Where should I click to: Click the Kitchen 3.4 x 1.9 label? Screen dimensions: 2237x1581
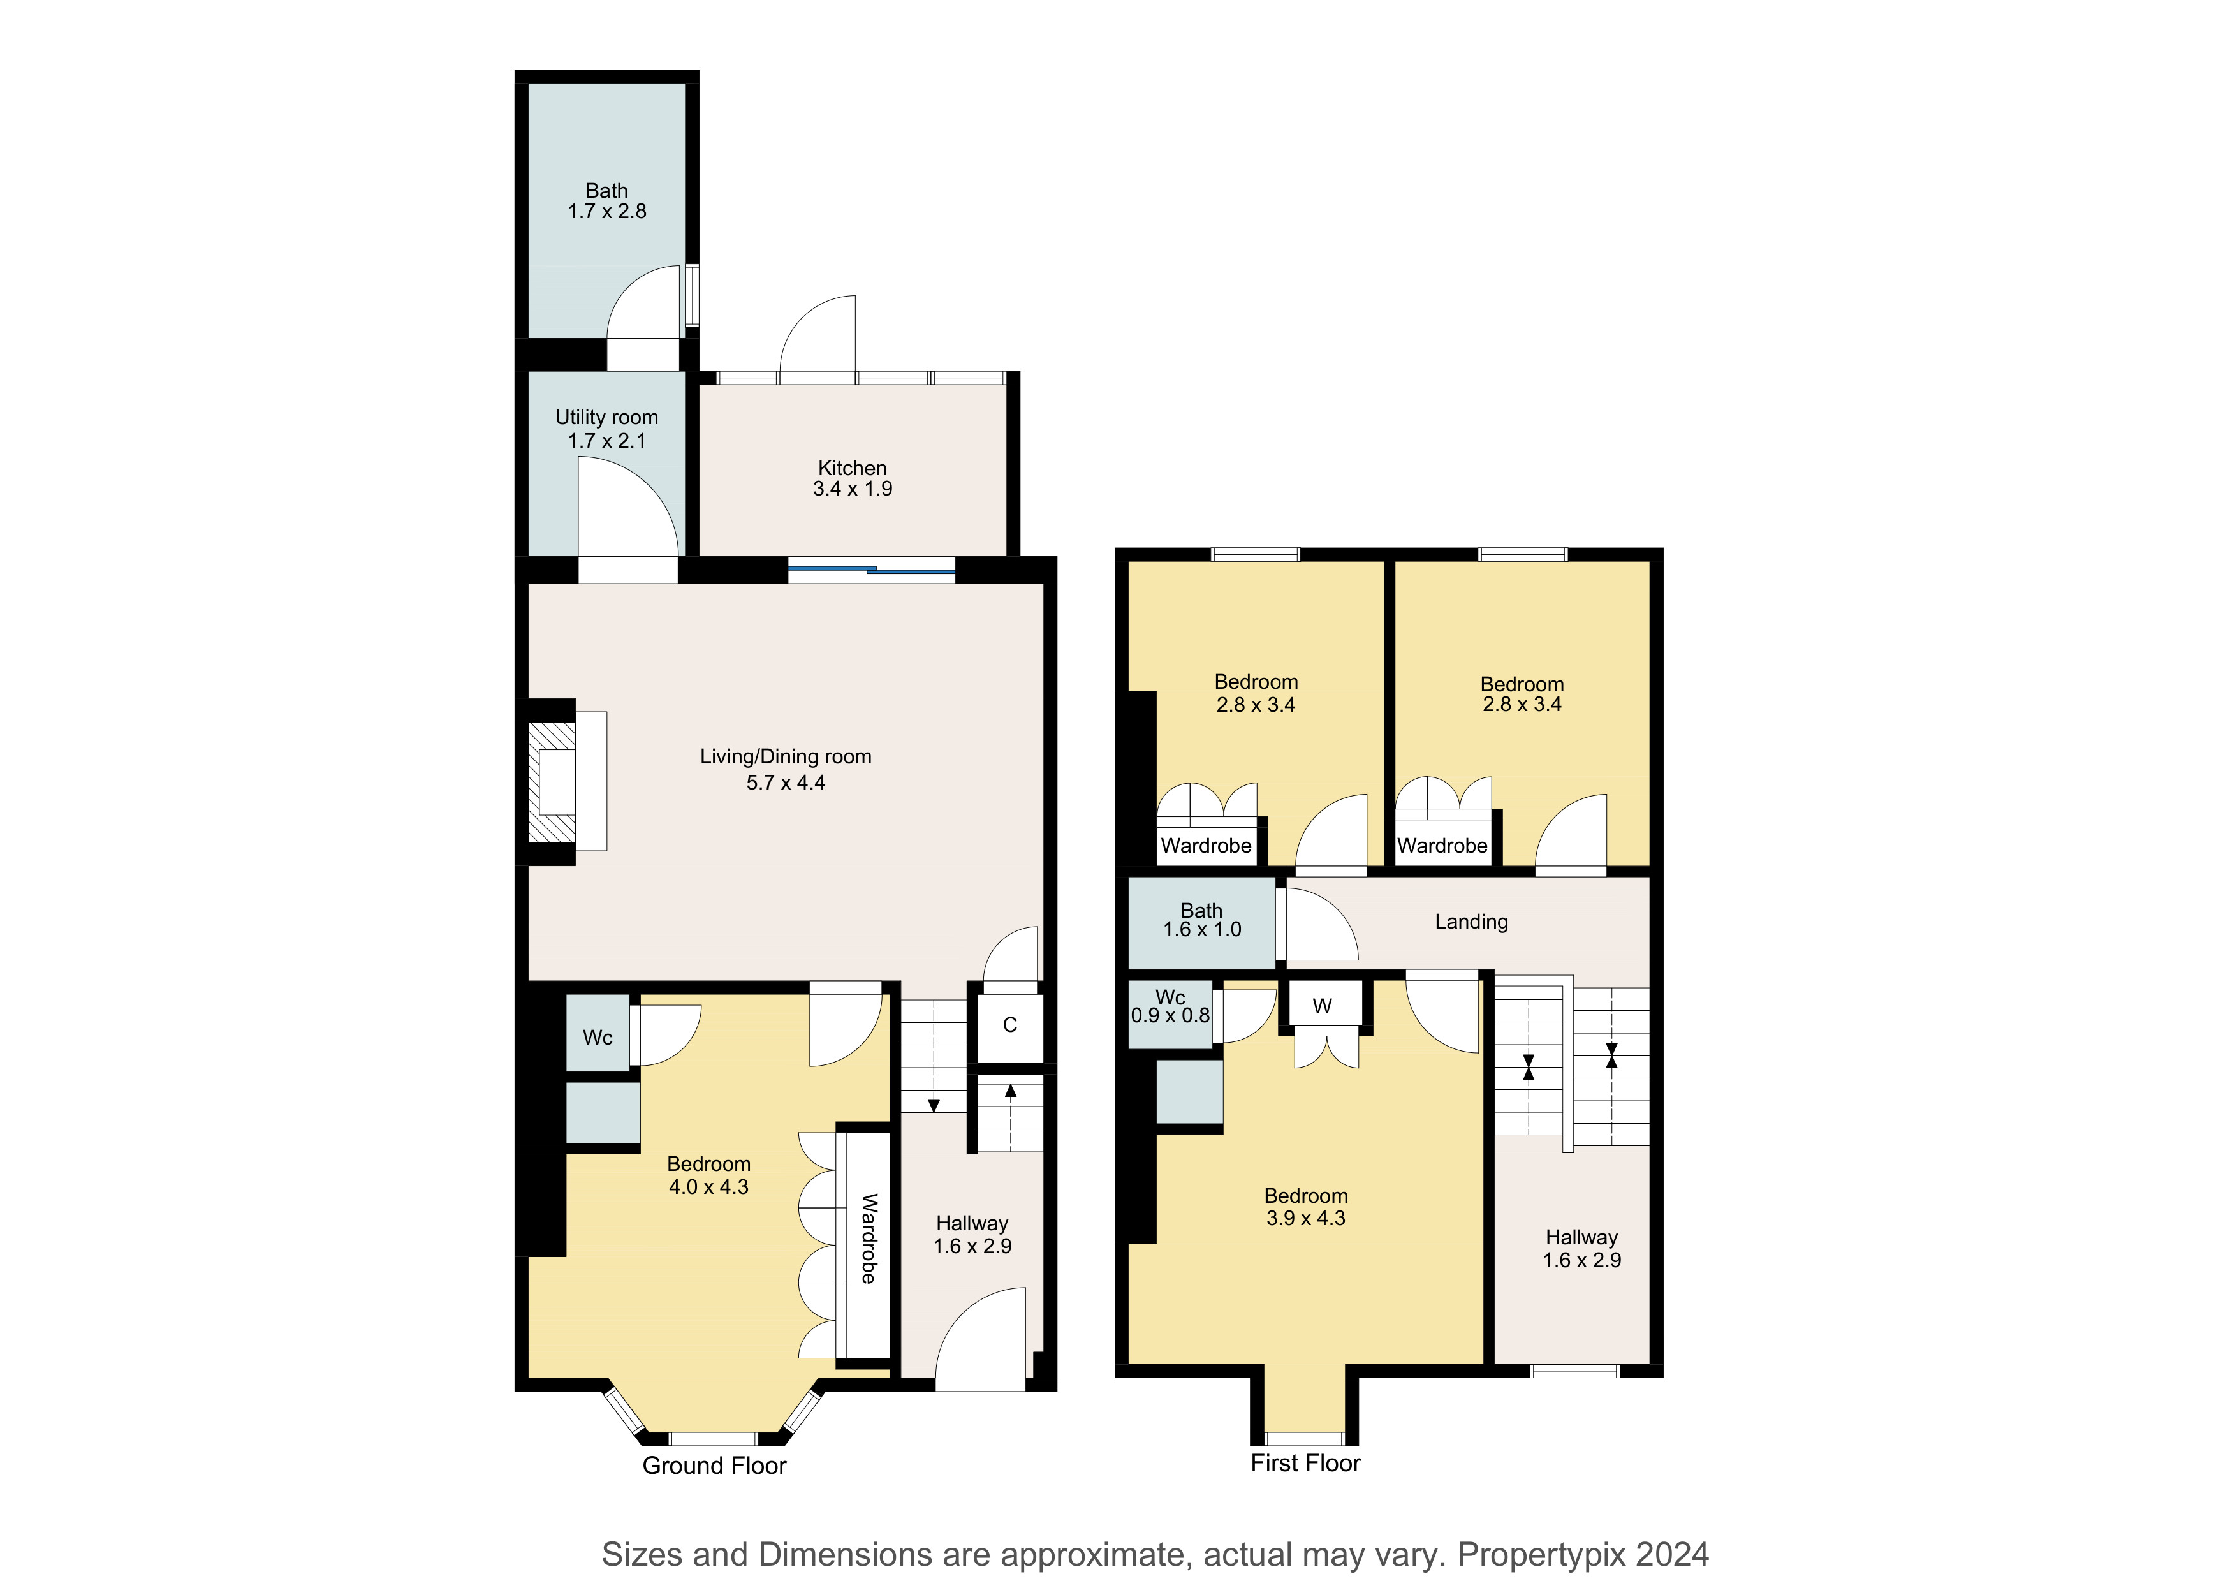tap(853, 478)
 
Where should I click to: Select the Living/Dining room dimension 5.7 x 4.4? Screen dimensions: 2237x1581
tap(785, 783)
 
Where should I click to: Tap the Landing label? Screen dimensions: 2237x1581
tap(1471, 922)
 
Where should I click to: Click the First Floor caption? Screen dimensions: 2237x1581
tap(1305, 1462)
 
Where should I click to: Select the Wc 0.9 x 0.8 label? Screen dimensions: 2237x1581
tap(1170, 1006)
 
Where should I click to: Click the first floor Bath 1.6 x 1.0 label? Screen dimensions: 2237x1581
tap(1201, 920)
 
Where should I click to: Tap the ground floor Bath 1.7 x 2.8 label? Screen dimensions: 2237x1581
tap(607, 201)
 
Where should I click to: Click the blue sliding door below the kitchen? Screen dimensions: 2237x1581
tap(872, 570)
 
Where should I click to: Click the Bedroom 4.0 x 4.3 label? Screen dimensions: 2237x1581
tap(708, 1175)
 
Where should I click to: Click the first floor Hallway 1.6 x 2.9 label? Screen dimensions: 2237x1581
tap(1581, 1249)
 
